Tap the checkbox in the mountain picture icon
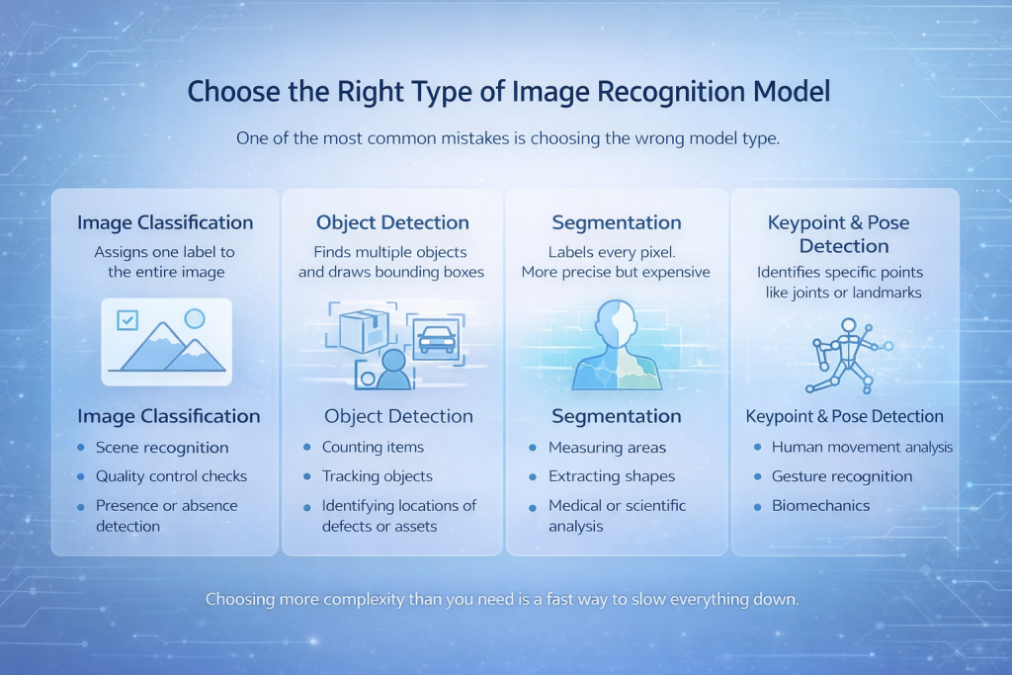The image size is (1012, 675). tap(127, 320)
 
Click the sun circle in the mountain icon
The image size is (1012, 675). tap(195, 318)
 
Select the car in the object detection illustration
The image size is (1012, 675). tap(436, 339)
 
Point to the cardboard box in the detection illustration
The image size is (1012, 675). tap(364, 330)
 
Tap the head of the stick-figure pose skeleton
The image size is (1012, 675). tap(848, 325)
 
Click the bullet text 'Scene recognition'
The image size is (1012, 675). tap(162, 448)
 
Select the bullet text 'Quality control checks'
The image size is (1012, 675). tap(171, 476)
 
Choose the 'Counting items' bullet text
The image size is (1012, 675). tap(373, 447)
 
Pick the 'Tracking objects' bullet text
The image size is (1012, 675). tap(377, 476)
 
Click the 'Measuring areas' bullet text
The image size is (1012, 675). tap(607, 448)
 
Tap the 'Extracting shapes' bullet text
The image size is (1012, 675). tap(611, 476)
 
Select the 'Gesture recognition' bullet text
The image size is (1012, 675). tap(842, 476)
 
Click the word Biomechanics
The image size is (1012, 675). tap(820, 505)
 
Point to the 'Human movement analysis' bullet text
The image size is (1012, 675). tap(862, 447)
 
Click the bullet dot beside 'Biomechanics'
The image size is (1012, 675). tap(757, 507)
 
